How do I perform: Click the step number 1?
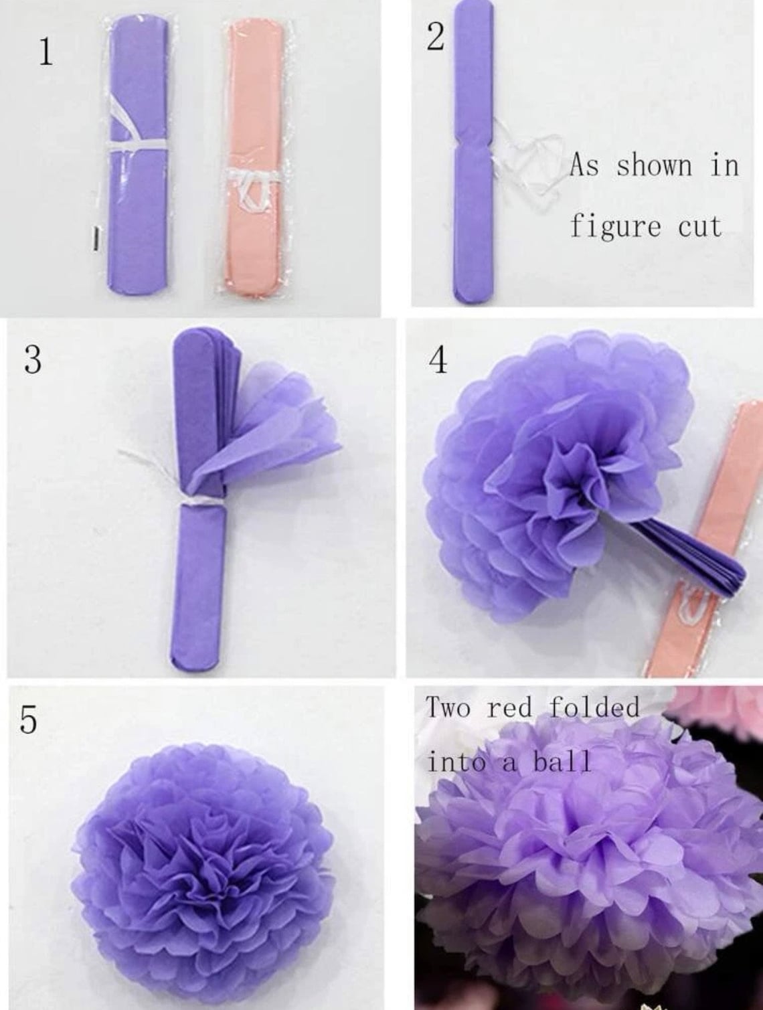pos(45,52)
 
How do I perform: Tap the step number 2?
pos(435,37)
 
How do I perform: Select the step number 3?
pos(32,359)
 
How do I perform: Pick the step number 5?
pos(27,720)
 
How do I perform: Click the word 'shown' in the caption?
pos(654,165)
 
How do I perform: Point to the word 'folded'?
pos(594,707)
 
